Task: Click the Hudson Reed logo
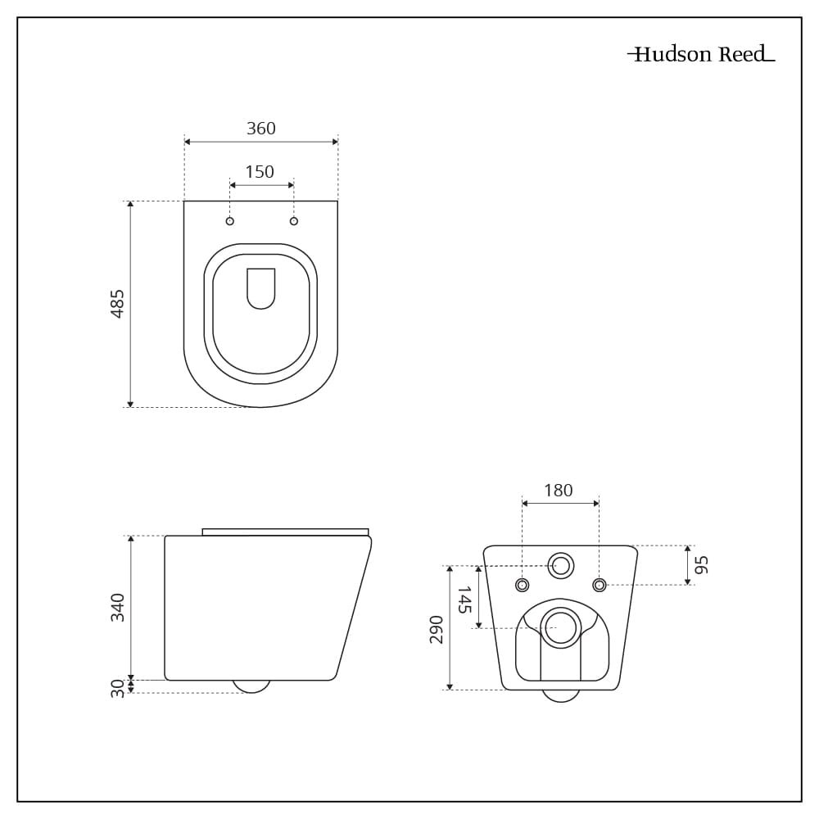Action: coord(701,55)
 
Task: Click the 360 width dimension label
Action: coord(261,129)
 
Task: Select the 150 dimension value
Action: coord(260,172)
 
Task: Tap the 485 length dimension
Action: coord(118,304)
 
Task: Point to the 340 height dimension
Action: coord(118,607)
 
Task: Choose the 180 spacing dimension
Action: coord(559,491)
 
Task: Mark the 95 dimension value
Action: coord(701,565)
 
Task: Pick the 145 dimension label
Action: coord(464,600)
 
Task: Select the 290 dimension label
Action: coord(437,629)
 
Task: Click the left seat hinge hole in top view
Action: coord(230,221)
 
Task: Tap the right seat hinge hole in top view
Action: coord(294,221)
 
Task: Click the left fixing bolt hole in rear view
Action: coord(523,585)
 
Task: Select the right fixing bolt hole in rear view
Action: coord(599,585)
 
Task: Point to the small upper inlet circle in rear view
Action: coord(561,565)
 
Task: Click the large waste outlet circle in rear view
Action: coord(561,627)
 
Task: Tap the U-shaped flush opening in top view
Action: coord(261,287)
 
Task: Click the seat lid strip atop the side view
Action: coord(285,532)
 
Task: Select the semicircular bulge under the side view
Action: coord(251,686)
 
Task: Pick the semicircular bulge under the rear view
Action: coord(561,696)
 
